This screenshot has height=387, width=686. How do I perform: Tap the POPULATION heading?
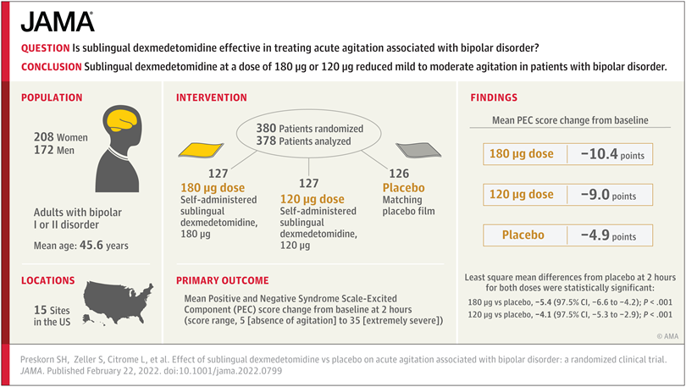(x=52, y=97)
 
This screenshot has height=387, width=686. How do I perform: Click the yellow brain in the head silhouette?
(x=117, y=120)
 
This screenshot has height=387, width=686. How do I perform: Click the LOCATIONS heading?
(x=48, y=280)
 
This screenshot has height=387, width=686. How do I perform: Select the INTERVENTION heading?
(x=212, y=97)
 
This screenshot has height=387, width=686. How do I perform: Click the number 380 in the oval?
(x=267, y=128)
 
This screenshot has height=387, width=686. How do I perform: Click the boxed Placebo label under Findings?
(x=523, y=235)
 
